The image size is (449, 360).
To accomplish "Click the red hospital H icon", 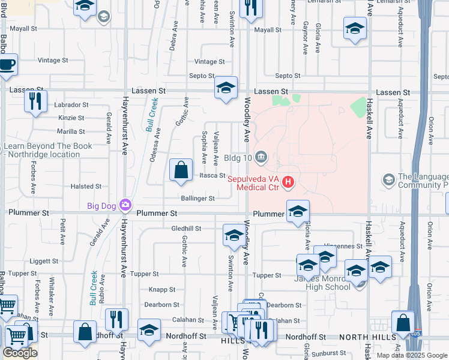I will pos(289,181).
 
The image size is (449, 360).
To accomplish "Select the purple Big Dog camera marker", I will pos(125,206).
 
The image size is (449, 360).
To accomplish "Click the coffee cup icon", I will pos(7,65).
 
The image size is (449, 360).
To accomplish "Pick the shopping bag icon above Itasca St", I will pos(181,170).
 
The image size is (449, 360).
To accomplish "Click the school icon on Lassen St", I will pos(226,89).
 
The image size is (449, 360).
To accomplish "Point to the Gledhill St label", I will pos(186,229).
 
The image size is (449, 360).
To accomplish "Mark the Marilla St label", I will pos(71,131).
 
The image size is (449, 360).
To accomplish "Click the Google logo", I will pos(20,353).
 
